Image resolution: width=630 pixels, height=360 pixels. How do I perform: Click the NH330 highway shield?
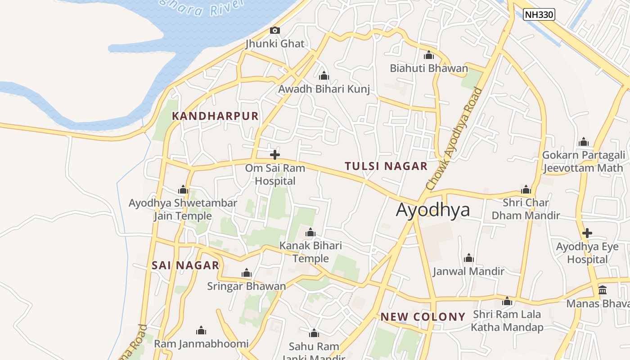point(539,14)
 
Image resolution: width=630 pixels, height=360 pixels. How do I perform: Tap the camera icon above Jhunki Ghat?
point(274,31)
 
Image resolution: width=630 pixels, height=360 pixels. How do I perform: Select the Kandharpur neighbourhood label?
point(215,116)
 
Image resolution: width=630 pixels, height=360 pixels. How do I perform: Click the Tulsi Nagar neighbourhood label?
point(386,166)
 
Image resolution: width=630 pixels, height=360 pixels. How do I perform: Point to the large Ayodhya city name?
point(433,210)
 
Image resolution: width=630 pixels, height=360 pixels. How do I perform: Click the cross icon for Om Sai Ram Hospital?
point(274,155)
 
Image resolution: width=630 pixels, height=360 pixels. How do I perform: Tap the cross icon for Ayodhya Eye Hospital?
point(587,233)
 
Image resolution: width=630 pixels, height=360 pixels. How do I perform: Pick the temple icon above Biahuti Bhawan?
point(428,55)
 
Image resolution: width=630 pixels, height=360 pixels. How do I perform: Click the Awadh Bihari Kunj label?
point(324,89)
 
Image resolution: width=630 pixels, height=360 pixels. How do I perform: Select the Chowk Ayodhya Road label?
point(454,139)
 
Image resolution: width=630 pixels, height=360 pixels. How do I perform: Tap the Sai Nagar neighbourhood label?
point(185,265)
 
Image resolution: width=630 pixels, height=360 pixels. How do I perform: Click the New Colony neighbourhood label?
point(423,317)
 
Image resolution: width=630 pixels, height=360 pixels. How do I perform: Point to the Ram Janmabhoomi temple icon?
point(201,331)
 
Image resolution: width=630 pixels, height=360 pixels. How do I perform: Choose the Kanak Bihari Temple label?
point(310,252)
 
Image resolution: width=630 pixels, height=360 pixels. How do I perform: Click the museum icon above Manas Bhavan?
point(603,290)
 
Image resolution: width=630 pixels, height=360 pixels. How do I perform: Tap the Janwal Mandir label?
point(468,271)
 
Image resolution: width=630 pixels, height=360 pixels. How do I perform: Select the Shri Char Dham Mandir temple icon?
point(526,189)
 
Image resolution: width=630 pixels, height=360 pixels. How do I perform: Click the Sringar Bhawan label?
point(246,286)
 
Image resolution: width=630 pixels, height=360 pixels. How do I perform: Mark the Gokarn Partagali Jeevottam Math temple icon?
point(584,142)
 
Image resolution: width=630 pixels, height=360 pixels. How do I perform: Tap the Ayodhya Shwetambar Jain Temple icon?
point(183,189)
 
